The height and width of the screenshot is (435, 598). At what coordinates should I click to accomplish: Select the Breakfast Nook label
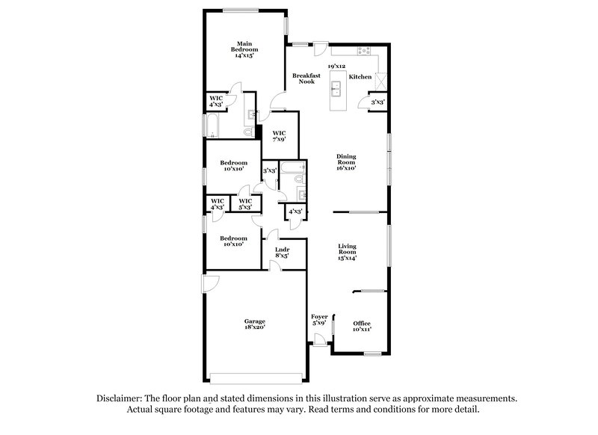(306, 78)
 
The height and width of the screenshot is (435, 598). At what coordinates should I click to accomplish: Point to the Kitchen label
(360, 77)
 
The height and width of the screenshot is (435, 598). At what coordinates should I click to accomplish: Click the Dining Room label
(345, 162)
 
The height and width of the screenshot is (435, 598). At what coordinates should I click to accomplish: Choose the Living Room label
(347, 251)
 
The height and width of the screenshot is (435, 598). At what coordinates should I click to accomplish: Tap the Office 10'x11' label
(362, 326)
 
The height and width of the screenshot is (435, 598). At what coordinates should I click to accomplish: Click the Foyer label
(319, 320)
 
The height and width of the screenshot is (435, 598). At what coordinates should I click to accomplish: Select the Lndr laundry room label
(282, 252)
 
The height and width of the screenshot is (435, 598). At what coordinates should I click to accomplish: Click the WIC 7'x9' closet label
(279, 136)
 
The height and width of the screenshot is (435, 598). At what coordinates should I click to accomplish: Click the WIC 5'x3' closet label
(244, 203)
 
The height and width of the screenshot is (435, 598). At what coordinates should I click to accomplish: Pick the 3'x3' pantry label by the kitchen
(377, 102)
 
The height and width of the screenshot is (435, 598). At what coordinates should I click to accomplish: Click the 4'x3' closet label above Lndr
(295, 212)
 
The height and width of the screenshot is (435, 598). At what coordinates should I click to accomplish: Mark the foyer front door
(320, 340)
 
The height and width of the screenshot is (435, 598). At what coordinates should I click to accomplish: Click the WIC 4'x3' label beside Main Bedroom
(216, 101)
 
